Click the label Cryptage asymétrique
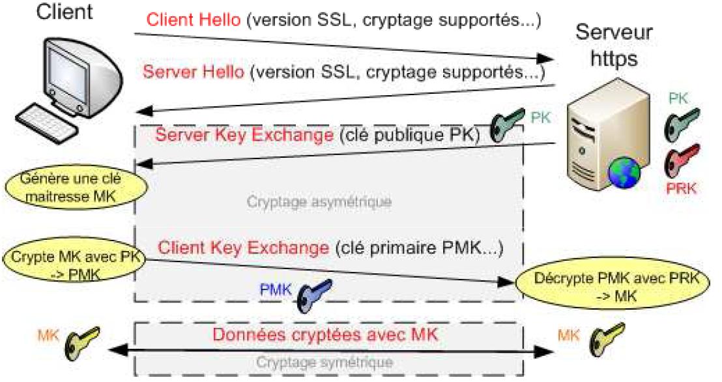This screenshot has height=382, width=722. coord(319,202)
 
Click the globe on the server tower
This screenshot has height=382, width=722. coord(622,171)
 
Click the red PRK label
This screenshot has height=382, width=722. coord(682,189)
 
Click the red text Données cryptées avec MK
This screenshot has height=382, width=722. coord(325,335)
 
